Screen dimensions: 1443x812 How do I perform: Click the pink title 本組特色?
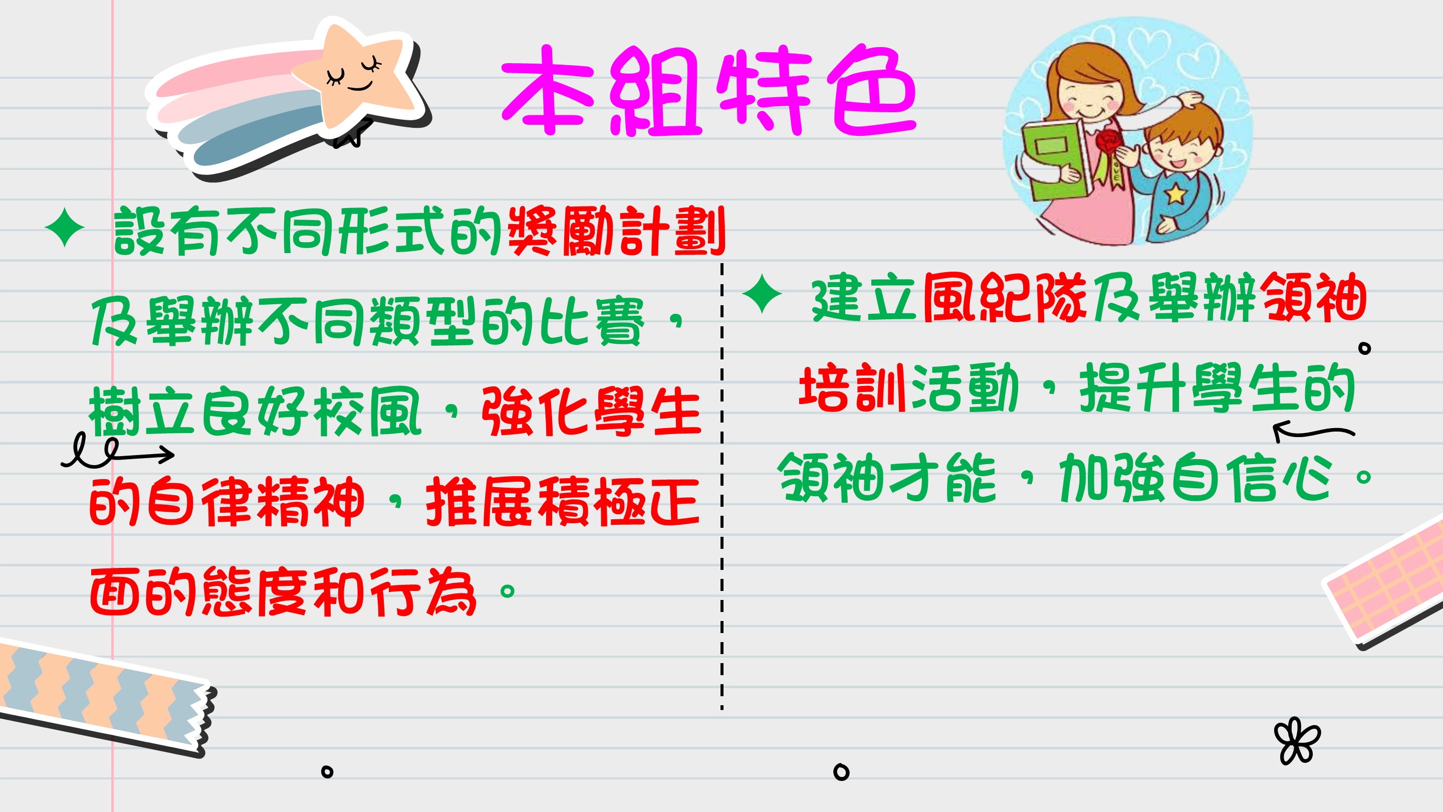click(x=708, y=91)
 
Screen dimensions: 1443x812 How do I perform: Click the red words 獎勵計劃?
click(x=617, y=231)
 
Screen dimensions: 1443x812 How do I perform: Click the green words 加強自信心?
click(x=1196, y=478)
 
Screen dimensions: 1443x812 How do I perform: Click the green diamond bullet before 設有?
click(x=65, y=228)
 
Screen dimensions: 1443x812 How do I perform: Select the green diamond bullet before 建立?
click(x=762, y=294)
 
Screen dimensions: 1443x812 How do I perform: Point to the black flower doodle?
click(x=1297, y=741)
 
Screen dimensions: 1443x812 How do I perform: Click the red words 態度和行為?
click(x=339, y=592)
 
